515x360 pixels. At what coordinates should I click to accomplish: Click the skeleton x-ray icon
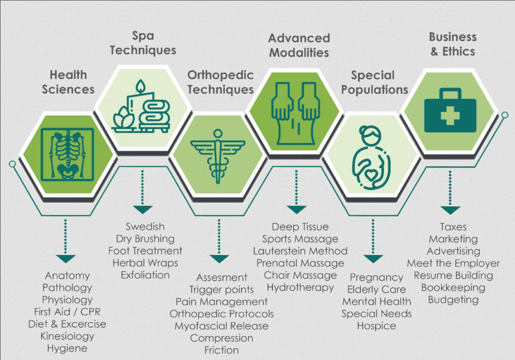click(67, 154)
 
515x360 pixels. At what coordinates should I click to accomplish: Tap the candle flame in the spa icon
click(141, 86)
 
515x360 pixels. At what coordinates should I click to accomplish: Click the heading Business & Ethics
click(453, 44)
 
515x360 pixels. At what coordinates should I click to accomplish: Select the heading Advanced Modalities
click(299, 45)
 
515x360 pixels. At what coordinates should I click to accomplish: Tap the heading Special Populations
click(374, 82)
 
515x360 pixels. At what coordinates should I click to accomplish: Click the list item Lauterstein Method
click(300, 251)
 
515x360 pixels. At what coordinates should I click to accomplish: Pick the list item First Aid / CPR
click(67, 312)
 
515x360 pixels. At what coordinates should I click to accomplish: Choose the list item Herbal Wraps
click(145, 263)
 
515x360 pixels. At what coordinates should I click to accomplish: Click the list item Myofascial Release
click(221, 326)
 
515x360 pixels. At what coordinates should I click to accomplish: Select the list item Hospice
click(376, 326)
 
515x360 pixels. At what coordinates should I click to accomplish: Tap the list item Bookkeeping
click(453, 288)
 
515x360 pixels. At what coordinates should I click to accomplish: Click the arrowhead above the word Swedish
click(142, 210)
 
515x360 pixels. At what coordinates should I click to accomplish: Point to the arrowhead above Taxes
click(450, 210)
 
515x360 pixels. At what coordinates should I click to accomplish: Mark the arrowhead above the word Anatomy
click(66, 258)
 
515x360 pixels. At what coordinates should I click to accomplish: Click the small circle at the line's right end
click(505, 115)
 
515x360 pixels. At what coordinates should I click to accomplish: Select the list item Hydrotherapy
click(300, 288)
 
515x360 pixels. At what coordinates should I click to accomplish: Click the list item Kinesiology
click(67, 336)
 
